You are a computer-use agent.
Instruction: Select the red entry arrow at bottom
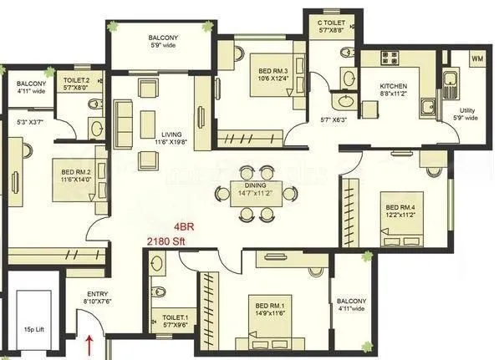[x=89, y=343]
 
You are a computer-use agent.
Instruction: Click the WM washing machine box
[x=477, y=58]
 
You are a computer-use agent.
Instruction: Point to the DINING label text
[x=254, y=185]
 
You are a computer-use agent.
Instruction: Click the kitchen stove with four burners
[x=392, y=58]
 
